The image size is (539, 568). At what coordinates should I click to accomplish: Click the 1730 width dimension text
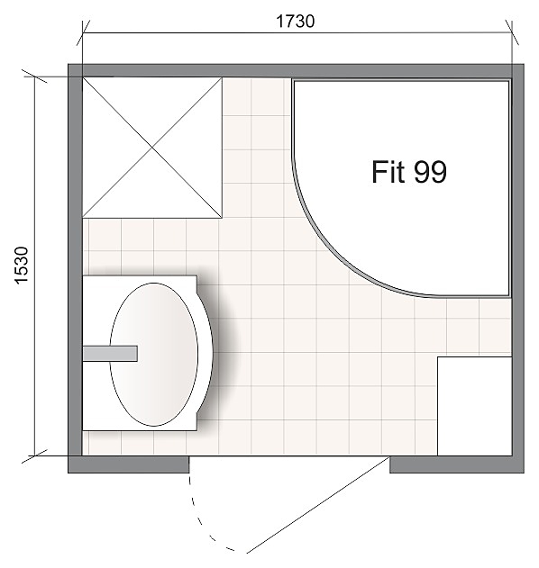tap(296, 22)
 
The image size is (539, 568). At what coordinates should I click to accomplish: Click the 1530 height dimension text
tap(22, 266)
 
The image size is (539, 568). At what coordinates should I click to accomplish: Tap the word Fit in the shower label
tap(388, 172)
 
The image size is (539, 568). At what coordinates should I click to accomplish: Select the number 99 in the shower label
tap(430, 172)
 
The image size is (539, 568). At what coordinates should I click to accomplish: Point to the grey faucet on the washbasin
tap(110, 354)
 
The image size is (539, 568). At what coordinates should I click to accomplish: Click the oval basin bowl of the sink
tap(154, 355)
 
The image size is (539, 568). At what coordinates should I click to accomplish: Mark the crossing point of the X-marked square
tap(152, 148)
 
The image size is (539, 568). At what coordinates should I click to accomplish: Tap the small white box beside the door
tap(474, 406)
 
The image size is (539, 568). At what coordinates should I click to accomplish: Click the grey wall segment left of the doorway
tap(129, 464)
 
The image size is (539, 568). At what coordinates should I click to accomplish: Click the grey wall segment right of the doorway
tap(457, 464)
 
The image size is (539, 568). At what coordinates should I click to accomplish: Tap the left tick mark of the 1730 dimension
tap(83, 33)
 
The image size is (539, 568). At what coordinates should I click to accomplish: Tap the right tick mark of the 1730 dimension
tap(512, 33)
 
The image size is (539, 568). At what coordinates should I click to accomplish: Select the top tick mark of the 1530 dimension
tap(34, 77)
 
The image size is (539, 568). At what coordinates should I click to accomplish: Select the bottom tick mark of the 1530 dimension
tap(34, 455)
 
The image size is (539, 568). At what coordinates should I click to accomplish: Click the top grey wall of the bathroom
tap(296, 70)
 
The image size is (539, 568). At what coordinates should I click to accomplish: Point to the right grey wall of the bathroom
tap(518, 268)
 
